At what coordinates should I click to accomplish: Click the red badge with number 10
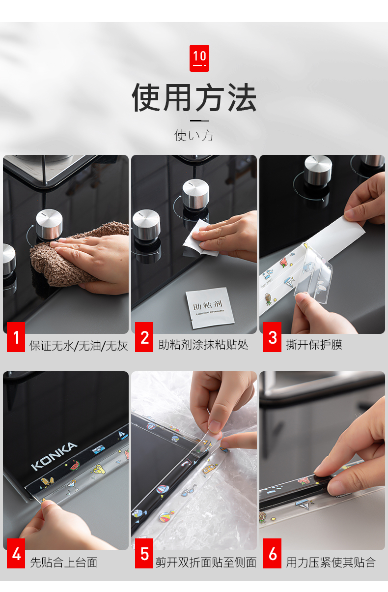coord(199,58)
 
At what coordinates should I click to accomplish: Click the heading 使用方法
coord(194,97)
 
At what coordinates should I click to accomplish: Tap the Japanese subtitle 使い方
coord(194,136)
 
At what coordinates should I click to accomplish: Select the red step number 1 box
coord(16,337)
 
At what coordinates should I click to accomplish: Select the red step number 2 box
coord(144,337)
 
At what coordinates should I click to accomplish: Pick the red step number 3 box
coord(272,337)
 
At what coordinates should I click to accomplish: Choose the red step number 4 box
coord(16,554)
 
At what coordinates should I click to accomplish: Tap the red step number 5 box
coord(144,554)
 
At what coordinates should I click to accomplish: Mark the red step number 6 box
coord(272,554)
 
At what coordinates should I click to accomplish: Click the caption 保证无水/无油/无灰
coord(79,346)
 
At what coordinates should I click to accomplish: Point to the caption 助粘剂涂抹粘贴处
coord(203,345)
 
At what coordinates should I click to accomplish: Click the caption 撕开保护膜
coord(314,345)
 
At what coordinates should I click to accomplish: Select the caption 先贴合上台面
coord(64,562)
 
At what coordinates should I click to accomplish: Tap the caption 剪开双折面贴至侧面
coord(206,562)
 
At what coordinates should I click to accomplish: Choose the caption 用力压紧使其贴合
coord(331,562)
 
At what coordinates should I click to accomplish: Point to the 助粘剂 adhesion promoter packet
coord(210,308)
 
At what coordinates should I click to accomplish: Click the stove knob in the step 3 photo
coord(318,171)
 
